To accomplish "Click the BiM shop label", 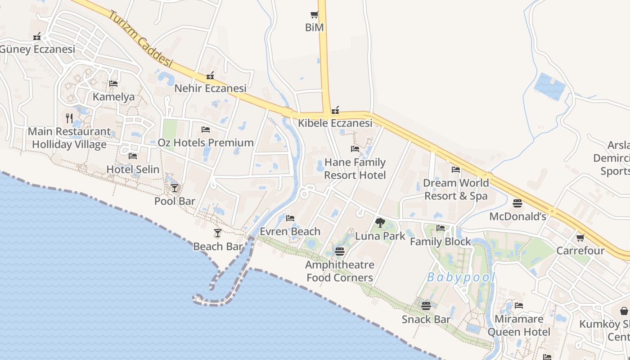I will [314, 27].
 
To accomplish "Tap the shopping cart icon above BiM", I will [314, 15].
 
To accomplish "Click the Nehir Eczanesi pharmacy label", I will [210, 88].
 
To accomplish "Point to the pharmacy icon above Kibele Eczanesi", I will [335, 110].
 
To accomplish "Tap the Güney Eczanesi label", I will [37, 49].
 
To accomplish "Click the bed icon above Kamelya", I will [113, 84].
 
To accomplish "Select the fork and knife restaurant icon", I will [69, 118].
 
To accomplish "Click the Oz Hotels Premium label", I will [206, 143].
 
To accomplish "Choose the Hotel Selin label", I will [133, 170].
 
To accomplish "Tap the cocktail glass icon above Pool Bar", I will [175, 188].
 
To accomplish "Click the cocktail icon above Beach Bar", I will [218, 233].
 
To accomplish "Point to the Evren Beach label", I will [290, 231].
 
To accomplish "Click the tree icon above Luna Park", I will [380, 222].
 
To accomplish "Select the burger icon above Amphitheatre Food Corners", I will [340, 252].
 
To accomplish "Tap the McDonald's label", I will [517, 216].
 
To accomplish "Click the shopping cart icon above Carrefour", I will [580, 237].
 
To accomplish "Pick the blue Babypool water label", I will [461, 277].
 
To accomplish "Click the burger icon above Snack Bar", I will [426, 306].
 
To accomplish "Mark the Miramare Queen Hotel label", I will [519, 325].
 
